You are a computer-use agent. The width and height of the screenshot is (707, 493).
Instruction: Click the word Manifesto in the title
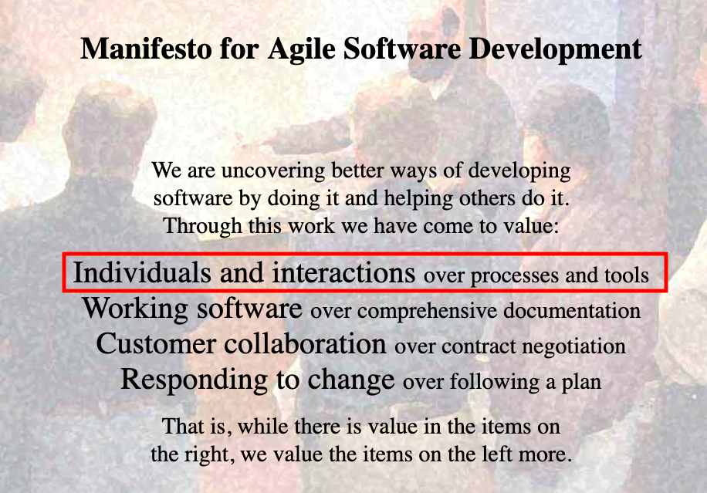click(x=146, y=48)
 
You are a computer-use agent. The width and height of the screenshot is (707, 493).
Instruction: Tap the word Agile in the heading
click(x=302, y=49)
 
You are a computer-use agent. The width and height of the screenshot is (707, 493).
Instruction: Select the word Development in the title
click(x=556, y=49)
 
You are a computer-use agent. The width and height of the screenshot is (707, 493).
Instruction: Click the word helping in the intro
click(x=418, y=199)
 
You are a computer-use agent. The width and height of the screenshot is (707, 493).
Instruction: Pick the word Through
click(x=203, y=226)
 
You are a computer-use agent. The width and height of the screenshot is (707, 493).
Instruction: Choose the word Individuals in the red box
click(x=142, y=272)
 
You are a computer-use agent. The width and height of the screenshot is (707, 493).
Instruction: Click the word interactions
click(x=343, y=272)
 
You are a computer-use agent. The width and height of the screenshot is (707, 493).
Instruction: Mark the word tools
click(x=627, y=275)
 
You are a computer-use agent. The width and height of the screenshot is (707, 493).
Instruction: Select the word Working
click(x=135, y=309)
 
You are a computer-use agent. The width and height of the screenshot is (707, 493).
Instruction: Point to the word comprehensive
click(x=427, y=312)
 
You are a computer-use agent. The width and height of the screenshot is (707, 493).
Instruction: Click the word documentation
click(x=572, y=310)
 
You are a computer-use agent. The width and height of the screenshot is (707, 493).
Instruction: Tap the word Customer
click(x=156, y=344)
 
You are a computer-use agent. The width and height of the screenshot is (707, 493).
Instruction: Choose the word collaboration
click(x=305, y=344)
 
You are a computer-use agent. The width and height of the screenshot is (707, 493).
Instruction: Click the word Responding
click(x=195, y=380)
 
